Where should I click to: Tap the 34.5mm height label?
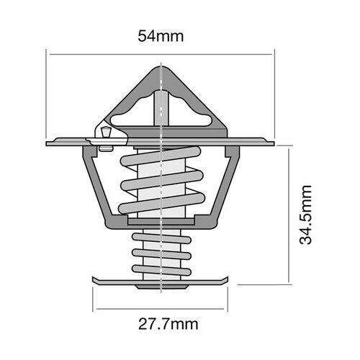[307, 215]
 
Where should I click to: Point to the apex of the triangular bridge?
[160, 68]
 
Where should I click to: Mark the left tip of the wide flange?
[48, 143]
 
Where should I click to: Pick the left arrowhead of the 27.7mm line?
[96, 307]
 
